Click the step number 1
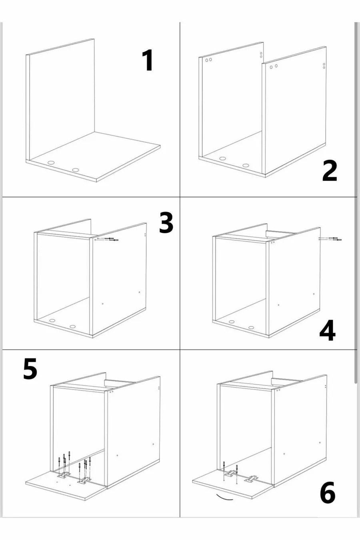click(148, 60)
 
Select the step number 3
click(166, 222)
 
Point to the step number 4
click(328, 330)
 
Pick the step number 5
click(30, 368)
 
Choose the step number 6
click(328, 492)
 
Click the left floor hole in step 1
click(51, 163)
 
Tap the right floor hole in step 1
click(76, 170)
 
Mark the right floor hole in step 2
click(246, 165)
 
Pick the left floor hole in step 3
click(52, 320)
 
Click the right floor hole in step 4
click(251, 328)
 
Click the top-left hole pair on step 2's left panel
click(208, 60)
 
